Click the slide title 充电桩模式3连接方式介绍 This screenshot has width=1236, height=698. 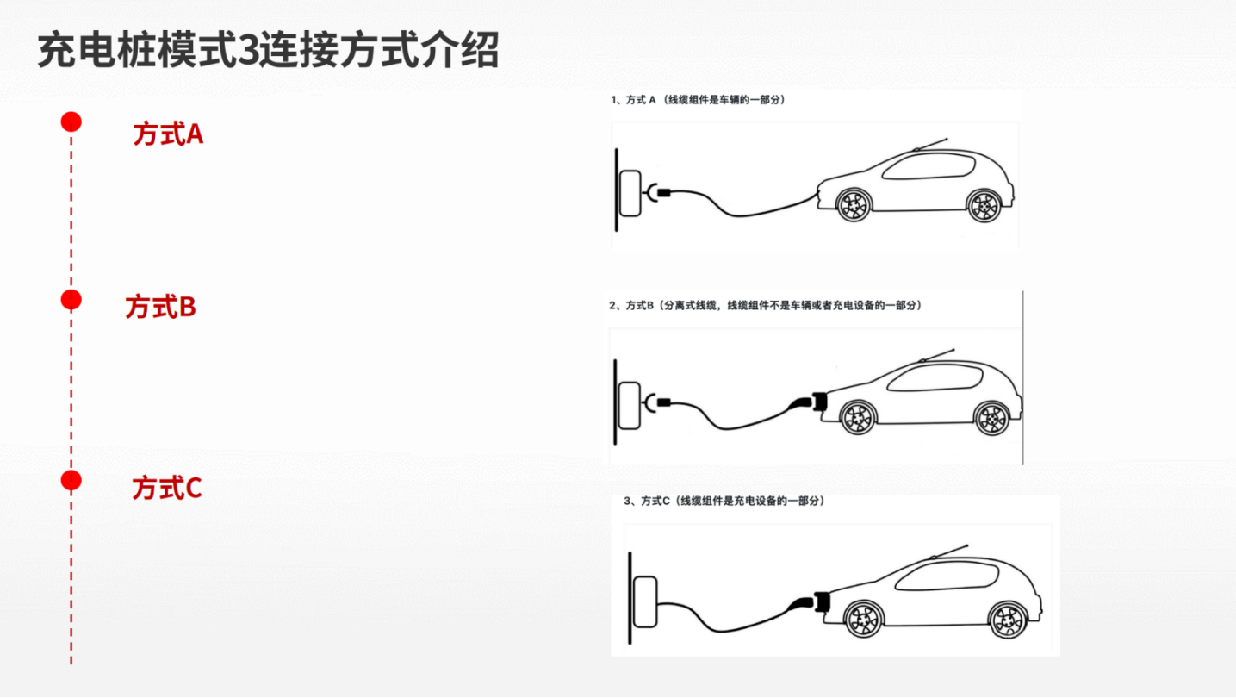tap(268, 52)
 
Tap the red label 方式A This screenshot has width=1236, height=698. tap(168, 134)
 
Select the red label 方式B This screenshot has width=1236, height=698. tap(161, 307)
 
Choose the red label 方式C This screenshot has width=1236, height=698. tap(167, 488)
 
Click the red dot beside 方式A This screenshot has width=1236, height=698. tap(71, 122)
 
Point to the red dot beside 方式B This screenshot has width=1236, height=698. tap(71, 300)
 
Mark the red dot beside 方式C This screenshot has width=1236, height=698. tap(71, 480)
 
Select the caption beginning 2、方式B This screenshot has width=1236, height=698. tap(766, 305)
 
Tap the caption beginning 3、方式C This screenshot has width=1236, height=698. tap(724, 501)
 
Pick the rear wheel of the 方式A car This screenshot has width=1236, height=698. tap(983, 205)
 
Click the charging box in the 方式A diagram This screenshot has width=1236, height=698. tap(630, 193)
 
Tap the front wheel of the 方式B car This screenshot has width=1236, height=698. tap(857, 417)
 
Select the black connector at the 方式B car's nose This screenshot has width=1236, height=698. tap(815, 402)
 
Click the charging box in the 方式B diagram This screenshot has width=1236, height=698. tap(630, 404)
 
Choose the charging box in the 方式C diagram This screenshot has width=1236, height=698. tap(645, 602)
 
